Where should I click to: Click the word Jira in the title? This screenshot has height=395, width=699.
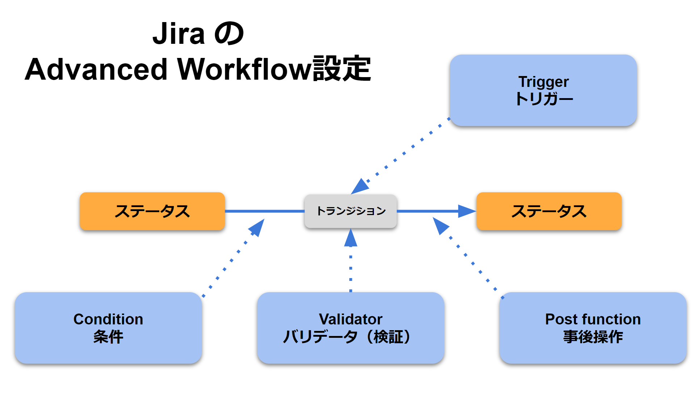click(x=178, y=34)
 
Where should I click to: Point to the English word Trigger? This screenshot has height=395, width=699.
click(x=543, y=82)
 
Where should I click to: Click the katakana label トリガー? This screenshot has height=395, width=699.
click(x=544, y=99)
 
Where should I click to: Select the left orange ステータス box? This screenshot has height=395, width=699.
click(x=152, y=211)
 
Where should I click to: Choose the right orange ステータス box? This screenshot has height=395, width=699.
click(x=549, y=211)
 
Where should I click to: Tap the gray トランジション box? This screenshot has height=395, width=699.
click(x=351, y=211)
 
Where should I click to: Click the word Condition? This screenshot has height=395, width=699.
click(x=108, y=319)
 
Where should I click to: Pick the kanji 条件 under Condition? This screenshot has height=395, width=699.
click(x=108, y=337)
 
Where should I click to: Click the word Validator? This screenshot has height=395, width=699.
click(x=350, y=319)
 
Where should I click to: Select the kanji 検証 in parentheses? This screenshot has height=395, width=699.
click(x=389, y=337)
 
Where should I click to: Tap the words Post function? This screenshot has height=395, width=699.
click(x=593, y=319)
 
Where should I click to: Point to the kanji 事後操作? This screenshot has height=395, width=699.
click(x=593, y=337)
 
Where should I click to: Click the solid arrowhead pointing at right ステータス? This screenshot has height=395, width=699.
click(x=467, y=211)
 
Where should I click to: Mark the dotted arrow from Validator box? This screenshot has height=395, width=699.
click(x=350, y=260)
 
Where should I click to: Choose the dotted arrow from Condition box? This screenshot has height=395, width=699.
click(x=233, y=258)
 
